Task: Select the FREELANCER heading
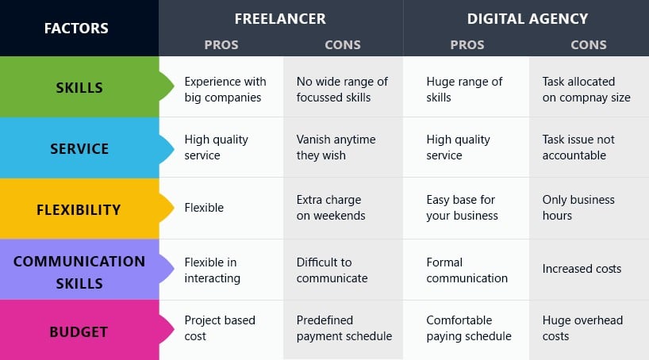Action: [x=280, y=18]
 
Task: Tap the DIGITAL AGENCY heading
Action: [x=528, y=18]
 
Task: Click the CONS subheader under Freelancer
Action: [x=343, y=44]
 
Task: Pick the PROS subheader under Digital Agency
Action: [x=467, y=44]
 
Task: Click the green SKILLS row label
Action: [x=79, y=88]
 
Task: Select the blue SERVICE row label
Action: [x=79, y=148]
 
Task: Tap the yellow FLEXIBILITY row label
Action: [x=79, y=210]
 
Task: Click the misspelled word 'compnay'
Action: [x=583, y=98]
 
